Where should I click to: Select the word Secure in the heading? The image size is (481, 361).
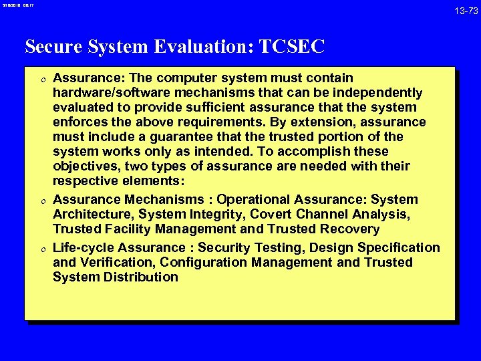point(51,46)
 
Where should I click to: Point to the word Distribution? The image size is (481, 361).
point(141,277)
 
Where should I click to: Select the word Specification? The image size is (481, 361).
point(399,248)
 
